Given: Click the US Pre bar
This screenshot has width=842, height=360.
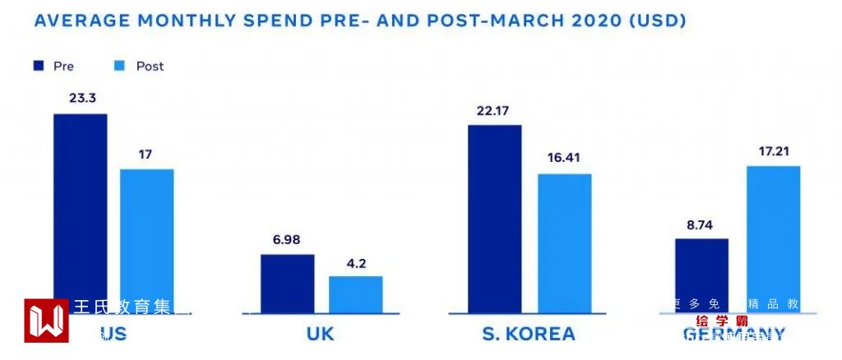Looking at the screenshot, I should (81, 205).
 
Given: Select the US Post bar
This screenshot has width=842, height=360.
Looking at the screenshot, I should (147, 234).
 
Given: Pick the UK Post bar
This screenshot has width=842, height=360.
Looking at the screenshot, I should (356, 294).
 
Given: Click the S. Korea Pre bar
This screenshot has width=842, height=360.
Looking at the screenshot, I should (494, 219).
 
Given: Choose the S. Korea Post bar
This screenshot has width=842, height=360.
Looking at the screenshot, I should (565, 243).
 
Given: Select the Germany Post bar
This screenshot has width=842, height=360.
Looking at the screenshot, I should (774, 238).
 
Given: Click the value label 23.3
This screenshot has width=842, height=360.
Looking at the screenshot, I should (81, 98).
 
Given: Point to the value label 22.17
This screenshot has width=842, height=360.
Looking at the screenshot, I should (494, 109).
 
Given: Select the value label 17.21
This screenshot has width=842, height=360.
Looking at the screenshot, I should (774, 150).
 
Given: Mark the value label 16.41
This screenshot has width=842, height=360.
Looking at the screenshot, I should (565, 158).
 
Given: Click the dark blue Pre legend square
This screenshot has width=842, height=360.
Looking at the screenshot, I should (38, 66).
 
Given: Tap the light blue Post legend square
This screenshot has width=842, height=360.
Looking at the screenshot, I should (118, 66).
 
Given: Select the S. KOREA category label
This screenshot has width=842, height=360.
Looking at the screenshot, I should (529, 335).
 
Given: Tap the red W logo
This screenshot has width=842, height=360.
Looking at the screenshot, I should (46, 321).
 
